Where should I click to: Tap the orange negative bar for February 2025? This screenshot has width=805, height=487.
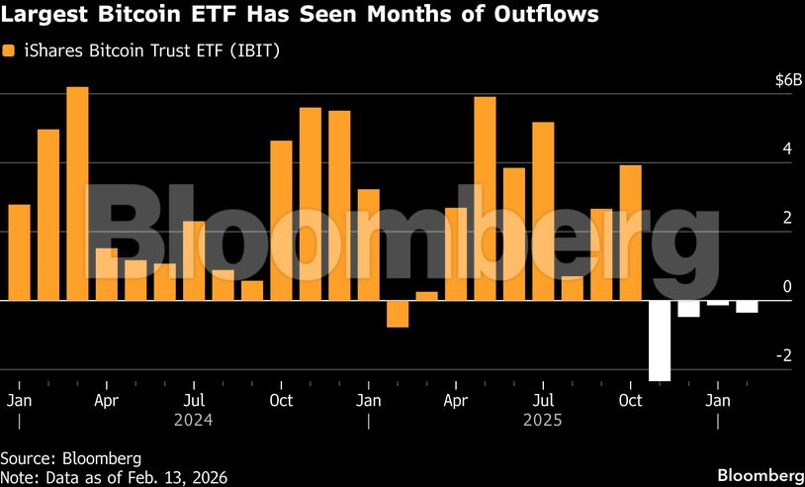398,313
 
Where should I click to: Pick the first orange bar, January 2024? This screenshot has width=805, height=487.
19,251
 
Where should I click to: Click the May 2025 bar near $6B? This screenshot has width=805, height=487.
485,198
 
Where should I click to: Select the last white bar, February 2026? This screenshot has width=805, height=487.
747,306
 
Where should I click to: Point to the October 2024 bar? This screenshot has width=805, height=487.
282,220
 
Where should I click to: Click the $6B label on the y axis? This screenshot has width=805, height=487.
783,80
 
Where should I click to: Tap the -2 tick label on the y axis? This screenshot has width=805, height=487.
784,355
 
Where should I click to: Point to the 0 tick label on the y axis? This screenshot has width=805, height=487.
787,286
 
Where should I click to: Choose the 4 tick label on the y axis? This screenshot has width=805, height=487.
787,149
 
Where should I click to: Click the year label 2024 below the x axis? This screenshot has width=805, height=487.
195,420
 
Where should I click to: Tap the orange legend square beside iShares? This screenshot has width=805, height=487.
8,49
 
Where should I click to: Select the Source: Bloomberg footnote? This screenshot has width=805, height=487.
71,458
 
